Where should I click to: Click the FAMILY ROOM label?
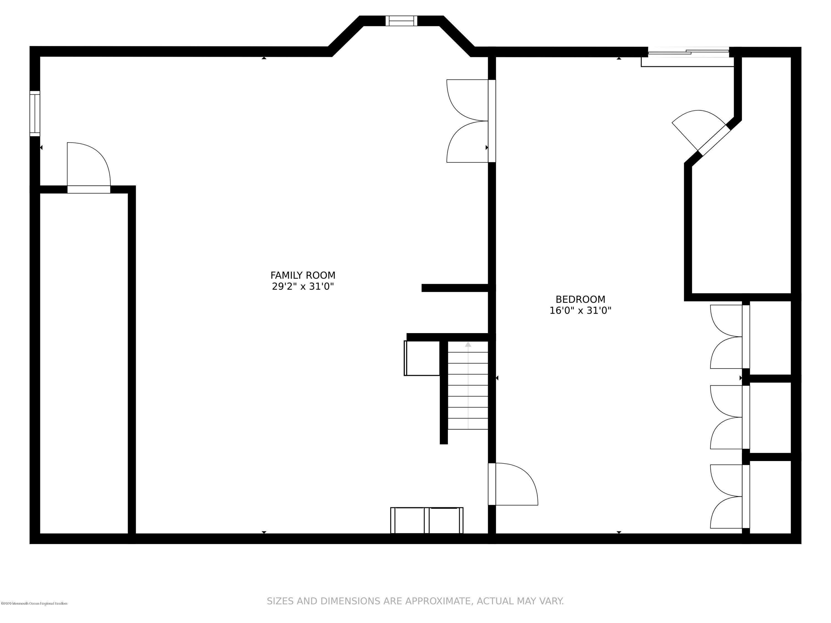coord(303,275)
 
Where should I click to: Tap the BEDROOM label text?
coord(580,299)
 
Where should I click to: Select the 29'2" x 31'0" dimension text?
coord(303,287)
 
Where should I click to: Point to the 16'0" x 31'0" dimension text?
coord(580,311)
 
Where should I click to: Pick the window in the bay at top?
coord(401,21)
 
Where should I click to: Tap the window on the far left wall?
coord(35,114)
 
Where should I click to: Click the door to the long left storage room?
coord(89,169)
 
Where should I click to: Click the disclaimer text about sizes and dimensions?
coord(415,601)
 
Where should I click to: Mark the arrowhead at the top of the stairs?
coord(468,344)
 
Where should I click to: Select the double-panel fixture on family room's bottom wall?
coord(427,520)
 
